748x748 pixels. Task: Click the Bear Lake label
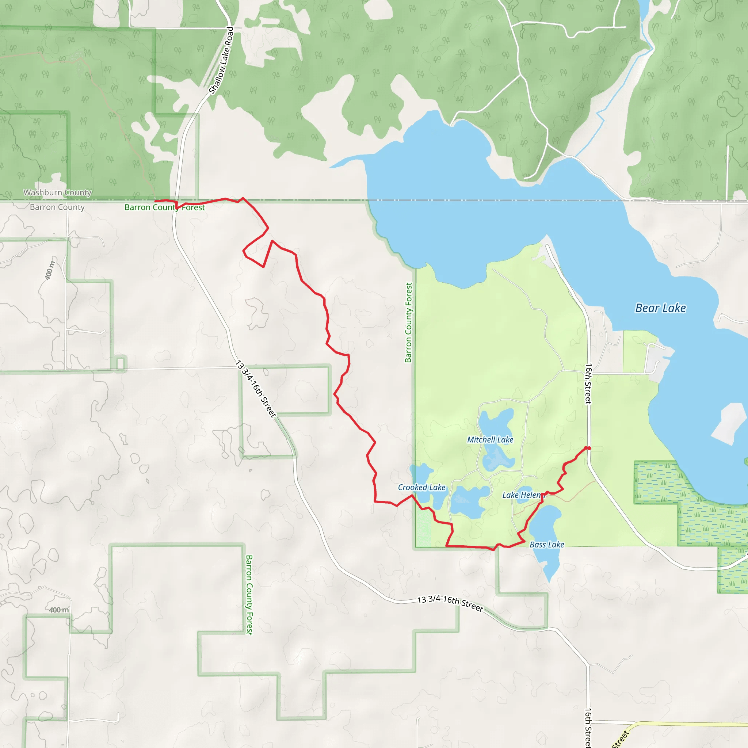tap(660, 308)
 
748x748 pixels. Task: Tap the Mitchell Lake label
tap(490, 440)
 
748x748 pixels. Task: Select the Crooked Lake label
tap(421, 488)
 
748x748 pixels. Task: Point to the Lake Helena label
tap(523, 495)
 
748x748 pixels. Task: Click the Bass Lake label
tap(547, 545)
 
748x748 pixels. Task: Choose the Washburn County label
tap(57, 192)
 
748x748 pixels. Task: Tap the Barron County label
tap(57, 207)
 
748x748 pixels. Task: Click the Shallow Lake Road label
tap(221, 60)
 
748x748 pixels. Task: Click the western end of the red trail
tap(156, 201)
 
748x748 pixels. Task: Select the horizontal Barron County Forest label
tap(165, 207)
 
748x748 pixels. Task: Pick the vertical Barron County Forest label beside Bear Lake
tap(408, 323)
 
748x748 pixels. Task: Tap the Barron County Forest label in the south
tap(249, 595)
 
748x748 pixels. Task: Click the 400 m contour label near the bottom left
tap(59, 610)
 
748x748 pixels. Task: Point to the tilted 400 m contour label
tap(50, 270)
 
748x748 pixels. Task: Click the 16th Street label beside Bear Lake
tap(588, 384)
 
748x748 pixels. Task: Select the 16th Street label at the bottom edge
tap(588, 728)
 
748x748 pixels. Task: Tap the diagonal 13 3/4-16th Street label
tap(256, 389)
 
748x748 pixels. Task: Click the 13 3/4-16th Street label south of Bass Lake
tap(450, 604)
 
